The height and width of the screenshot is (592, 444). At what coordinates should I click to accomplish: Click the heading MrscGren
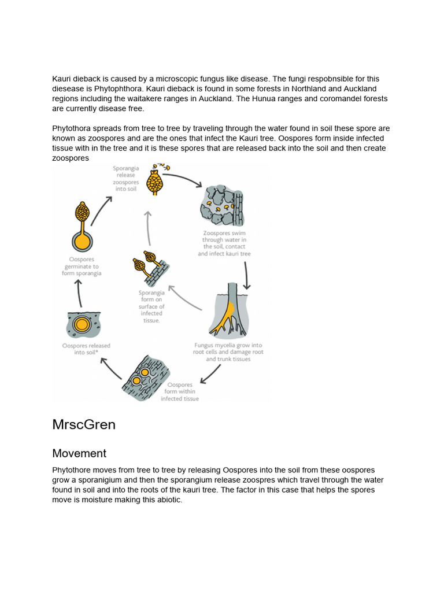[84, 425]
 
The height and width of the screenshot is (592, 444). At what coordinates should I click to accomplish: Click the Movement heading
[79, 453]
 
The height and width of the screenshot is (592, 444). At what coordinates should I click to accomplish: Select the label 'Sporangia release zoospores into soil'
[125, 179]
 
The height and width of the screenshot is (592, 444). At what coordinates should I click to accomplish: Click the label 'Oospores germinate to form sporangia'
[82, 267]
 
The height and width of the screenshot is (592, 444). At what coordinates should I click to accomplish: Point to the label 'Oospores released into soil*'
[86, 349]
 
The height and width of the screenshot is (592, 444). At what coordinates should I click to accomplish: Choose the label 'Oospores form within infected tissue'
[179, 391]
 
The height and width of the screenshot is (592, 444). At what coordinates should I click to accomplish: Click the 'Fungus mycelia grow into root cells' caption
[228, 352]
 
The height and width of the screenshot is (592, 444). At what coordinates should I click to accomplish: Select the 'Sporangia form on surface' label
[151, 306]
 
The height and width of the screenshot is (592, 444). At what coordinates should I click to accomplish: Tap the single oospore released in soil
[82, 324]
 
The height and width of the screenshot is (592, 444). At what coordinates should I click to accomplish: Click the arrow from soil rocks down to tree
[247, 276]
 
